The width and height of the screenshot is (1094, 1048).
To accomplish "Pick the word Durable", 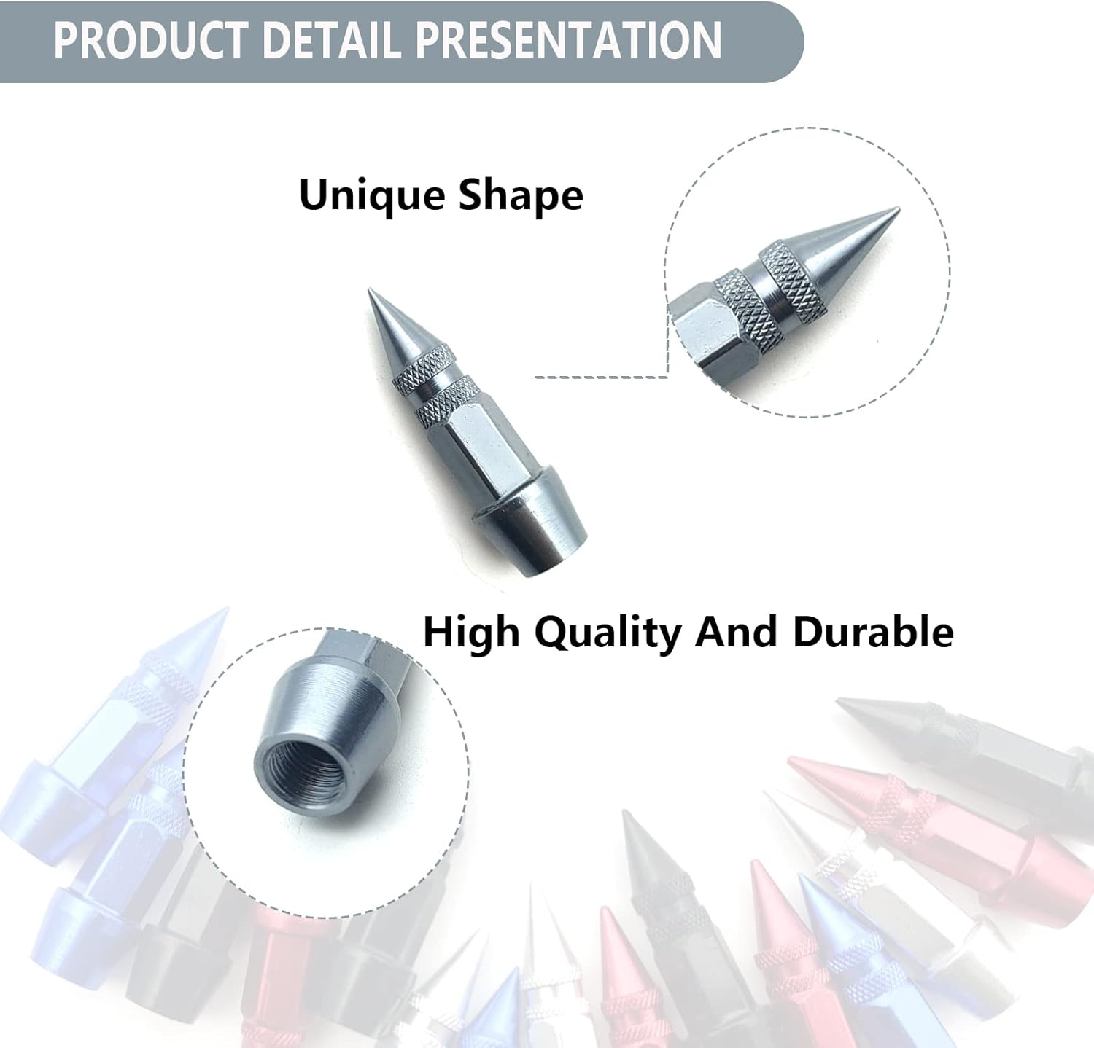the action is [873, 631].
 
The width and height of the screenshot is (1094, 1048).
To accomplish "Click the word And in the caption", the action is [736, 631].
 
